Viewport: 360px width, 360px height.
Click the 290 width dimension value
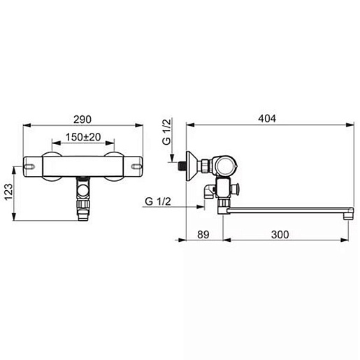point(82,120)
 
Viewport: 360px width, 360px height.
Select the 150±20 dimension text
point(83,137)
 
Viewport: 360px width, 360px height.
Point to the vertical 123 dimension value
point(8,192)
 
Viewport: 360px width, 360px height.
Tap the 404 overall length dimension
point(267,118)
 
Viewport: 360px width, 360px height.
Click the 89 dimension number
point(203,234)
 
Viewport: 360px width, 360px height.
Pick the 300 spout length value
point(280,234)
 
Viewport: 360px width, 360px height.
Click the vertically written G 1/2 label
point(167,131)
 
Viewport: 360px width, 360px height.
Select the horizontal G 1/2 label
point(158,201)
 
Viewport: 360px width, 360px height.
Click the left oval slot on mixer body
point(29,166)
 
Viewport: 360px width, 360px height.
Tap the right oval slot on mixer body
point(136,166)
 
